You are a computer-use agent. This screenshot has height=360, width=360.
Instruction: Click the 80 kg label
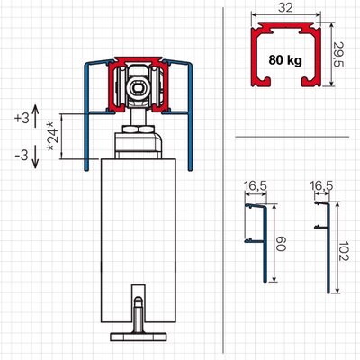click(x=285, y=60)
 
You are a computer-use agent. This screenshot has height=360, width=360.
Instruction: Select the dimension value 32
click(x=285, y=7)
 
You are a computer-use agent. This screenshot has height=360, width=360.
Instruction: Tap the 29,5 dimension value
click(x=338, y=54)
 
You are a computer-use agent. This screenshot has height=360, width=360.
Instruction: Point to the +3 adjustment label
click(x=22, y=118)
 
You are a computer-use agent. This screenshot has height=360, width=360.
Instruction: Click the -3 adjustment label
click(x=22, y=156)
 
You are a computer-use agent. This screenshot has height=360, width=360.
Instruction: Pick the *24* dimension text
click(x=51, y=137)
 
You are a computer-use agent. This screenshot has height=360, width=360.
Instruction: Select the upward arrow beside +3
click(x=35, y=116)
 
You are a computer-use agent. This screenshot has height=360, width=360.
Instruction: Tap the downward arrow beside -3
click(x=35, y=157)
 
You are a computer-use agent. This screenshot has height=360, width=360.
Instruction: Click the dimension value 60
click(x=282, y=243)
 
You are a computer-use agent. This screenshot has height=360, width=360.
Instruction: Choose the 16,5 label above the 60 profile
click(x=256, y=186)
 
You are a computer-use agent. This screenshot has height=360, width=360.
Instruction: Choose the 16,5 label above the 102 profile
click(x=321, y=186)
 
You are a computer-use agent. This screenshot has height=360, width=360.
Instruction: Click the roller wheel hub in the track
click(x=138, y=87)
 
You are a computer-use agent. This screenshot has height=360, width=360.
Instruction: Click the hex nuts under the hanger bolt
click(x=138, y=130)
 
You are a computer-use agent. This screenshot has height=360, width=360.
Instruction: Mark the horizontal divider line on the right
click(x=292, y=138)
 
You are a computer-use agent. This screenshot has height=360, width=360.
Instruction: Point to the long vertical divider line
click(x=223, y=180)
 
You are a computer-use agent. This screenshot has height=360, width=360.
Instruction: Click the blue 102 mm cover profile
click(x=328, y=247)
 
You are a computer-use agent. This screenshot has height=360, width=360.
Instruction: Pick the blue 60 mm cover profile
click(x=265, y=243)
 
